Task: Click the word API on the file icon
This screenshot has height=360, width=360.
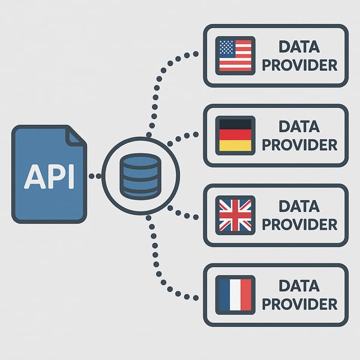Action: [49, 175]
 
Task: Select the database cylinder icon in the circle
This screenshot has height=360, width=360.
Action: [140, 176]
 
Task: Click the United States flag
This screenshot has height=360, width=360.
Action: [235, 55]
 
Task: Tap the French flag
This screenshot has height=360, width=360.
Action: [235, 294]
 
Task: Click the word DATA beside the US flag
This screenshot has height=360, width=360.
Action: [299, 47]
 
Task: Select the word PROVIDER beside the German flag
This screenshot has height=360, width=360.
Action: [299, 145]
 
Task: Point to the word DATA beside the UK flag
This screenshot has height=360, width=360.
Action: [299, 206]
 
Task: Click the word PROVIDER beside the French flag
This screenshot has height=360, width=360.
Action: [299, 304]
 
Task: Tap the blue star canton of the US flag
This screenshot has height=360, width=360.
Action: [226, 47]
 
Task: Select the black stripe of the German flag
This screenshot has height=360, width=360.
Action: [235, 125]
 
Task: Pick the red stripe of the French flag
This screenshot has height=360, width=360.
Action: [246, 294]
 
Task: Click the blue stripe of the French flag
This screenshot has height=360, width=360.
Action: [224, 294]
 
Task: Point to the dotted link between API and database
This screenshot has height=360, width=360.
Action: [94, 176]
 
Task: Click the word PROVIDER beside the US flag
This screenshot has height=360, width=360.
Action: [299, 65]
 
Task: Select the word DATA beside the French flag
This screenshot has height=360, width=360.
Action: [299, 286]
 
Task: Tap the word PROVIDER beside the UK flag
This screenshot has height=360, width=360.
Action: [299, 224]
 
